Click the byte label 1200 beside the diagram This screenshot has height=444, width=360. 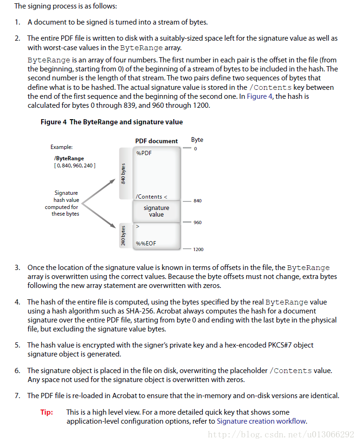point(198,249)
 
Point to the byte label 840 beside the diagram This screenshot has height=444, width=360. point(197,201)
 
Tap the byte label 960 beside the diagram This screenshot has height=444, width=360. point(197,222)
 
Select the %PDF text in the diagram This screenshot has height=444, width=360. point(144,153)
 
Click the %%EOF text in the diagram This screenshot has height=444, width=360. point(146,244)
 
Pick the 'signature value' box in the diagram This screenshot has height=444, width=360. point(156,211)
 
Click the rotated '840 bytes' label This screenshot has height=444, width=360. point(123,174)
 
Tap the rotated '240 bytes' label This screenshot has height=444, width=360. point(123,235)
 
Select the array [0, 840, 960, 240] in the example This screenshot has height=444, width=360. point(75,165)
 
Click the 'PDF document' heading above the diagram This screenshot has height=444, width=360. point(156,141)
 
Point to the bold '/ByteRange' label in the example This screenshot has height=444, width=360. point(69,158)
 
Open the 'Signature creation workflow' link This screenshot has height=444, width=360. point(261,421)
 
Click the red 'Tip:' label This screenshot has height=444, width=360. point(47,412)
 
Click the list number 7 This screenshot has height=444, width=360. point(17,395)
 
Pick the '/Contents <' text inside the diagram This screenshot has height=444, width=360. point(151,197)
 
